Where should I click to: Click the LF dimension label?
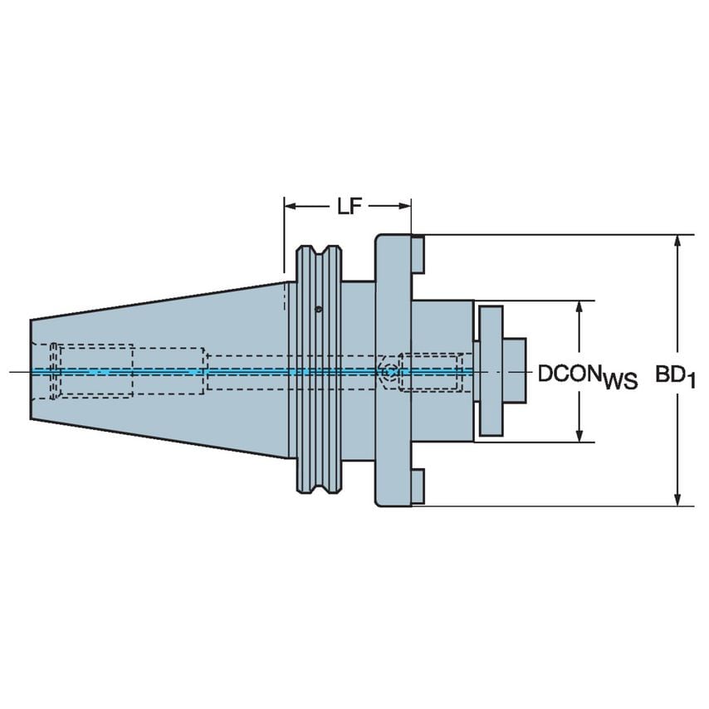pos(349,207)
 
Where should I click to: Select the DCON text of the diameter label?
pos(570,373)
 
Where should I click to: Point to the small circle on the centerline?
pos(387,371)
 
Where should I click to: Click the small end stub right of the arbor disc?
pos(515,371)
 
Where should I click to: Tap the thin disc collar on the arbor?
pos(490,371)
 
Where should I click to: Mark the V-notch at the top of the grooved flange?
pos(319,251)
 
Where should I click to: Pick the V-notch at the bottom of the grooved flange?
pos(319,490)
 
